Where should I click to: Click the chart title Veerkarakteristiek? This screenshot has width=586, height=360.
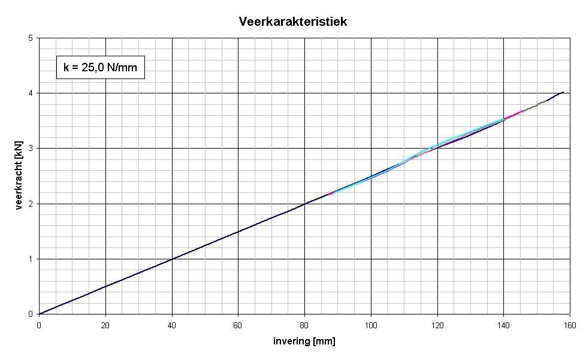click(293, 22)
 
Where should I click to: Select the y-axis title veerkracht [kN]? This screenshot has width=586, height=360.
click(20, 176)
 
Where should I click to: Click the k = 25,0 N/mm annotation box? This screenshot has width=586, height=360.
click(100, 68)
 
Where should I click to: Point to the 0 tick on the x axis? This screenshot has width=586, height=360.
click(39, 325)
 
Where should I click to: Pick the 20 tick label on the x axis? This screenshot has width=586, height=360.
click(105, 325)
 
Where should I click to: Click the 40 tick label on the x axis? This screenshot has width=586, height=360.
click(172, 325)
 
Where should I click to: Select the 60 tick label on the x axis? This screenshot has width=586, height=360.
click(238, 325)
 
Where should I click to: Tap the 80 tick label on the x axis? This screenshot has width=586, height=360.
click(304, 325)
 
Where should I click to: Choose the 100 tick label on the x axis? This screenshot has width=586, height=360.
click(371, 325)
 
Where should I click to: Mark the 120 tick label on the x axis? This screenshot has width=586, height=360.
click(437, 325)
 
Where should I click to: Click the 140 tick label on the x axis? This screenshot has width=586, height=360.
click(504, 325)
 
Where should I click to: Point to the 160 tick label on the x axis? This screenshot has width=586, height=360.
click(570, 325)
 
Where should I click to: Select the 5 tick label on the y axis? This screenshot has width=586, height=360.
click(31, 38)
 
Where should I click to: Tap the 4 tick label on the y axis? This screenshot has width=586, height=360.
click(31, 93)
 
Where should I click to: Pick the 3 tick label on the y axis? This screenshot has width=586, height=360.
click(31, 148)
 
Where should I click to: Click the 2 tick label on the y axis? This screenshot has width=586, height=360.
click(31, 204)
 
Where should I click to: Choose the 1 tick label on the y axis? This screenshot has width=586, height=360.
click(31, 259)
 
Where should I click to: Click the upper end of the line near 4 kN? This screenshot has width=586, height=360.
click(563, 92)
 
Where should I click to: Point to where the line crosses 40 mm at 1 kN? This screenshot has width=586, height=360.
click(172, 259)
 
